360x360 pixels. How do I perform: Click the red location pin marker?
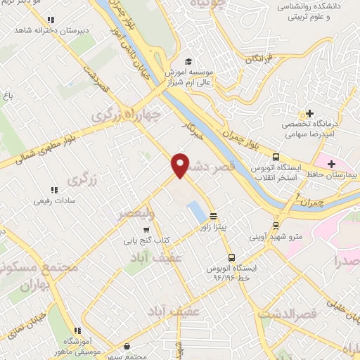[x=181, y=165]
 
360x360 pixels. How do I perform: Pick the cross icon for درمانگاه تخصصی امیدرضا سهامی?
[x=309, y=114]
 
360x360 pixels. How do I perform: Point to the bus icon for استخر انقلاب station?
[x=276, y=157]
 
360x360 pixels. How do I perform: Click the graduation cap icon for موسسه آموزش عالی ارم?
[x=187, y=62]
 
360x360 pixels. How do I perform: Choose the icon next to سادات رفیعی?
[x=53, y=189]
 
